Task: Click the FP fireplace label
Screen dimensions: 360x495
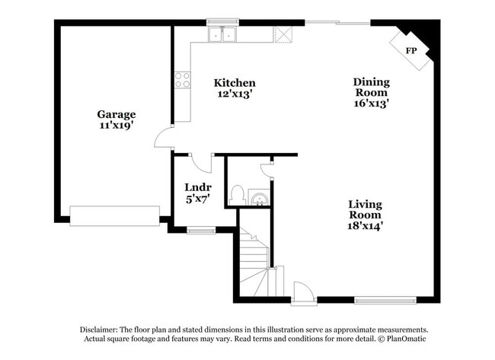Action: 411,50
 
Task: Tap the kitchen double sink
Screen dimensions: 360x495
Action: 222,34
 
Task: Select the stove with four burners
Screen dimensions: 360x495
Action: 182,79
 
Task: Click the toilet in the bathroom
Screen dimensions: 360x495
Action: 237,195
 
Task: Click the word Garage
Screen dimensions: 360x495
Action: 116,114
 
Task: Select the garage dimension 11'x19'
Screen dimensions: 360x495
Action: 116,126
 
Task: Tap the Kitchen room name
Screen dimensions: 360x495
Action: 234,83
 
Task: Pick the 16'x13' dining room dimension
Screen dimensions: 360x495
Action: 371,104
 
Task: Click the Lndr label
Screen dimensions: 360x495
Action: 197,187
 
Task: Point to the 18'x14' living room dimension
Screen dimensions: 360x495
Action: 366,225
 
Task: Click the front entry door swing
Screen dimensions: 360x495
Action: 302,292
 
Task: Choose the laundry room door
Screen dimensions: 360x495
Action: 201,161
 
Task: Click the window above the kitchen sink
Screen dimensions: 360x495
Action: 222,23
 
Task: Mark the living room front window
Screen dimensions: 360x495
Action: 385,299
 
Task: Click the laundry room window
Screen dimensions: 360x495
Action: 200,230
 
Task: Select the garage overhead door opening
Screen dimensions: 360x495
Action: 114,216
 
